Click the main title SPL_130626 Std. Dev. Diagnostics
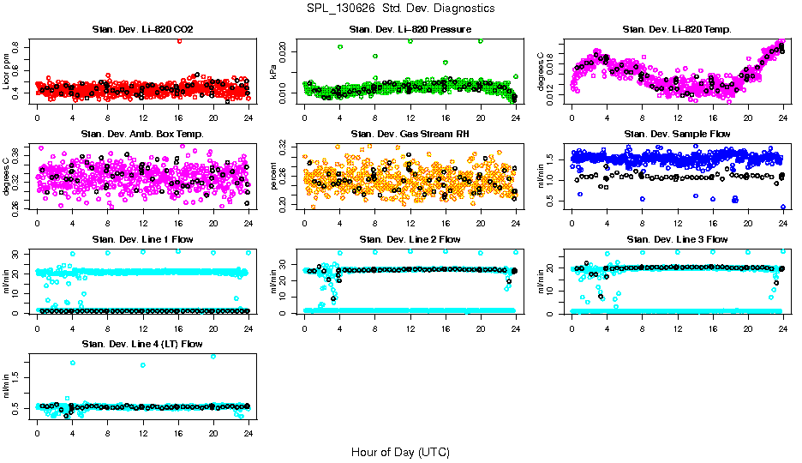point(400,9)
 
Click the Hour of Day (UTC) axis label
point(400,451)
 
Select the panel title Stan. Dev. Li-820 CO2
point(142,30)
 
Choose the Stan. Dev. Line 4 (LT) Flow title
point(142,344)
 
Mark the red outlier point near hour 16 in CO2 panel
point(179,40)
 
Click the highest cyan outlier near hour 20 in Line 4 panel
point(213,356)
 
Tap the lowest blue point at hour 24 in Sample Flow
point(783,207)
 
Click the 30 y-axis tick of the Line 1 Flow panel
point(19,254)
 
